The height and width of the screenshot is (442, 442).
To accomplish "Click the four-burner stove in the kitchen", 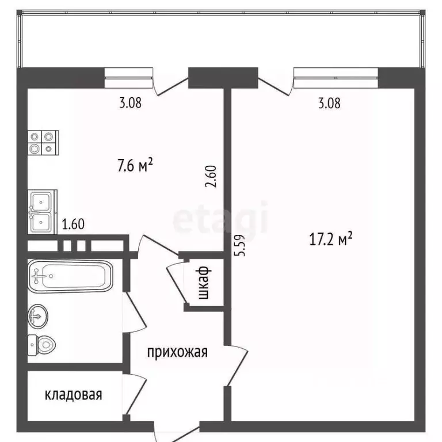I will point(44,142).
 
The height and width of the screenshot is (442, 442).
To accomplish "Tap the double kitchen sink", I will point(43,211).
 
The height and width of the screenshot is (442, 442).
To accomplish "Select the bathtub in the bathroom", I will point(71,276).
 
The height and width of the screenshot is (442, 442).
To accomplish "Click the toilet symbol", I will point(43,345).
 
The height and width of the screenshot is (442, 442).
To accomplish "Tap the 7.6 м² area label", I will point(135,166).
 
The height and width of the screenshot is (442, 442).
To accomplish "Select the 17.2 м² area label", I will point(331,238).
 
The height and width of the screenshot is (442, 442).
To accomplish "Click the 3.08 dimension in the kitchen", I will point(130,104).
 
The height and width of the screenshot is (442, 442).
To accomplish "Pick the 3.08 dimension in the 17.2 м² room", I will point(329,104).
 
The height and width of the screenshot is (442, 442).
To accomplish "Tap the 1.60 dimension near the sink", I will point(73,224).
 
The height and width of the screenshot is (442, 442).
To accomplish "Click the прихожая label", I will point(177,352).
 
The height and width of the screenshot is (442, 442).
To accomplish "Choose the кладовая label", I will point(74,395).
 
